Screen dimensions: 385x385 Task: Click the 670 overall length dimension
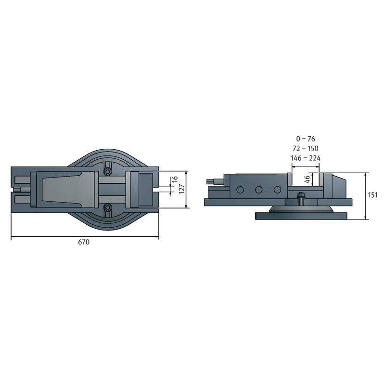pos(84,243)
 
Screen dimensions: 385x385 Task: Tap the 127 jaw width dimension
pos(181,189)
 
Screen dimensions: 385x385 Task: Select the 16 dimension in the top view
pos(175,181)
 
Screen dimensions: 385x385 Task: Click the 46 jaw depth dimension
pos(308,180)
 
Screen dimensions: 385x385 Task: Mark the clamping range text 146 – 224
pos(306,158)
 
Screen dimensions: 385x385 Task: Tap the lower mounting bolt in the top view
pos(107,208)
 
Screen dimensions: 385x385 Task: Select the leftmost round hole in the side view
pos(240,190)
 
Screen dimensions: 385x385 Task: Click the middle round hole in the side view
pos(259,190)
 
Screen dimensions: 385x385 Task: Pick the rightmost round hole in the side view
pos(277,190)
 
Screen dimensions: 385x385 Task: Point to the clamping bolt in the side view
pos(301,197)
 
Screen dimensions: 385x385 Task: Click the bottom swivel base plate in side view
pos(301,216)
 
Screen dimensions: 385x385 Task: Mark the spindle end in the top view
pos(22,189)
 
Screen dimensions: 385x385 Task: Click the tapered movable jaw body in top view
pos(70,189)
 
